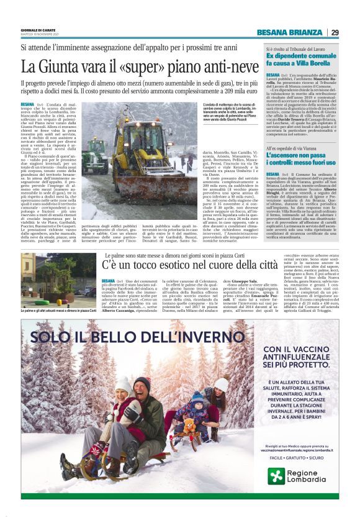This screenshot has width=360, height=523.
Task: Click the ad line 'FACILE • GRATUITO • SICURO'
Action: point(301,457)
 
